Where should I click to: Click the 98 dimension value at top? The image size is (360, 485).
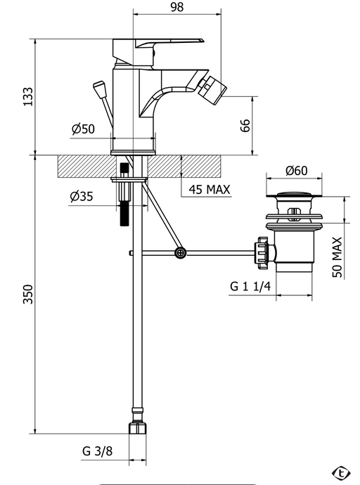(x=177, y=7)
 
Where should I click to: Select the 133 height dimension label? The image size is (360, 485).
(x=28, y=97)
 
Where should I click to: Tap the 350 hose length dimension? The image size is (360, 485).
(x=28, y=294)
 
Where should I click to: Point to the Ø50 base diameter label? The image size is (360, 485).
(x=83, y=129)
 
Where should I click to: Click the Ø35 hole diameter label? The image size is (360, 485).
(x=82, y=196)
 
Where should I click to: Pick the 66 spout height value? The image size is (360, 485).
(x=245, y=125)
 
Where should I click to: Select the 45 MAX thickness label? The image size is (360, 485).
(x=210, y=189)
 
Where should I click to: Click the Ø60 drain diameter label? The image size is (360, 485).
(x=296, y=170)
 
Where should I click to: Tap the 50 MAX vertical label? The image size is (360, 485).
(x=337, y=257)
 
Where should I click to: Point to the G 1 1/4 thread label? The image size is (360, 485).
(x=250, y=286)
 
